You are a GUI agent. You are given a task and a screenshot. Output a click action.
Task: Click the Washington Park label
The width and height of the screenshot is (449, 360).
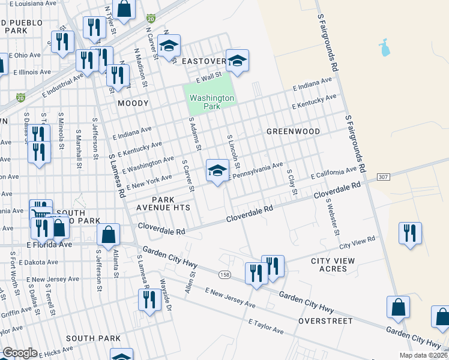(212, 102)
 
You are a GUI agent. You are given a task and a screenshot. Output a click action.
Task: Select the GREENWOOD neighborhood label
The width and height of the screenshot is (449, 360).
(293, 131)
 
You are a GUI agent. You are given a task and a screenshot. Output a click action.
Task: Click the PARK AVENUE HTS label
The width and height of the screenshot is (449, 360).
(171, 203)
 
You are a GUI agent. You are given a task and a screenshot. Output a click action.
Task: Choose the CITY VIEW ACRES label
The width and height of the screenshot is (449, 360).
(333, 265)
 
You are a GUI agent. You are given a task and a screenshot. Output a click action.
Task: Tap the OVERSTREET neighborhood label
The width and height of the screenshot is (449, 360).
(325, 321)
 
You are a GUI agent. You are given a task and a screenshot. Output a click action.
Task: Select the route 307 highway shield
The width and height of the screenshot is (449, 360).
(384, 177)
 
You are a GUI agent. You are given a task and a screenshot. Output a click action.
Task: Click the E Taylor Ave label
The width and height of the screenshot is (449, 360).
(266, 326)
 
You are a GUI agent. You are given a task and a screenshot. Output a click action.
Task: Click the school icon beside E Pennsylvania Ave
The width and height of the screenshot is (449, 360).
(217, 170)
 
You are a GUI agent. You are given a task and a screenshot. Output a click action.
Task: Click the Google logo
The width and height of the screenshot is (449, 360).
(20, 353)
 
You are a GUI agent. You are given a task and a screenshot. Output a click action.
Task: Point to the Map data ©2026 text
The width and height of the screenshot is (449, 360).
(423, 355)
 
